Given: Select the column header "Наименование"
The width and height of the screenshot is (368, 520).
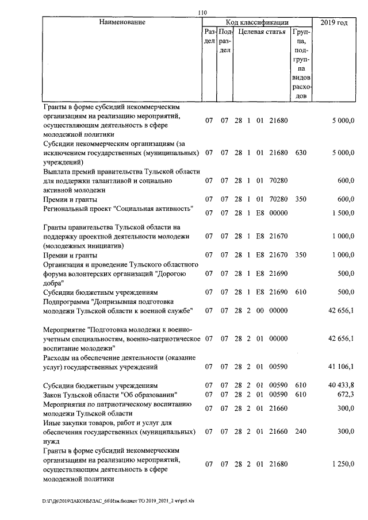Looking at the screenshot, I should pos(122,22).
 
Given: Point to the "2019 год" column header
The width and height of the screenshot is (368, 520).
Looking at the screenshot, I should pos(335,22).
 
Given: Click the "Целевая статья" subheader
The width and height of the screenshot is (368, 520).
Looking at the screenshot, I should pos(262,32).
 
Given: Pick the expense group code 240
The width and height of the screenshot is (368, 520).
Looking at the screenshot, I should pos(300,431).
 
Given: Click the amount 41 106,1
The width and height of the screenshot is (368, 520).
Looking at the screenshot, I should pos(340,366).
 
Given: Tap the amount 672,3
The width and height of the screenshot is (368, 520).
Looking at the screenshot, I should pos(344,394).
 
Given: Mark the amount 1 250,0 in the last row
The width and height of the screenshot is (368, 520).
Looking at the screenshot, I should pos(342,464).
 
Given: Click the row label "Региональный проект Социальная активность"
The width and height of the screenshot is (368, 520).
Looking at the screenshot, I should pos(118,208).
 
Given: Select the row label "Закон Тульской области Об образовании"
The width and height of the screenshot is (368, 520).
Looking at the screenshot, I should pos(110,394).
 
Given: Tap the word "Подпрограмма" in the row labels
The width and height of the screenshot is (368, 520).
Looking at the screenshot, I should pos(66,301).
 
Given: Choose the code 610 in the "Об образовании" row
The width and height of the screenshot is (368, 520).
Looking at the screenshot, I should pos(300,394).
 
